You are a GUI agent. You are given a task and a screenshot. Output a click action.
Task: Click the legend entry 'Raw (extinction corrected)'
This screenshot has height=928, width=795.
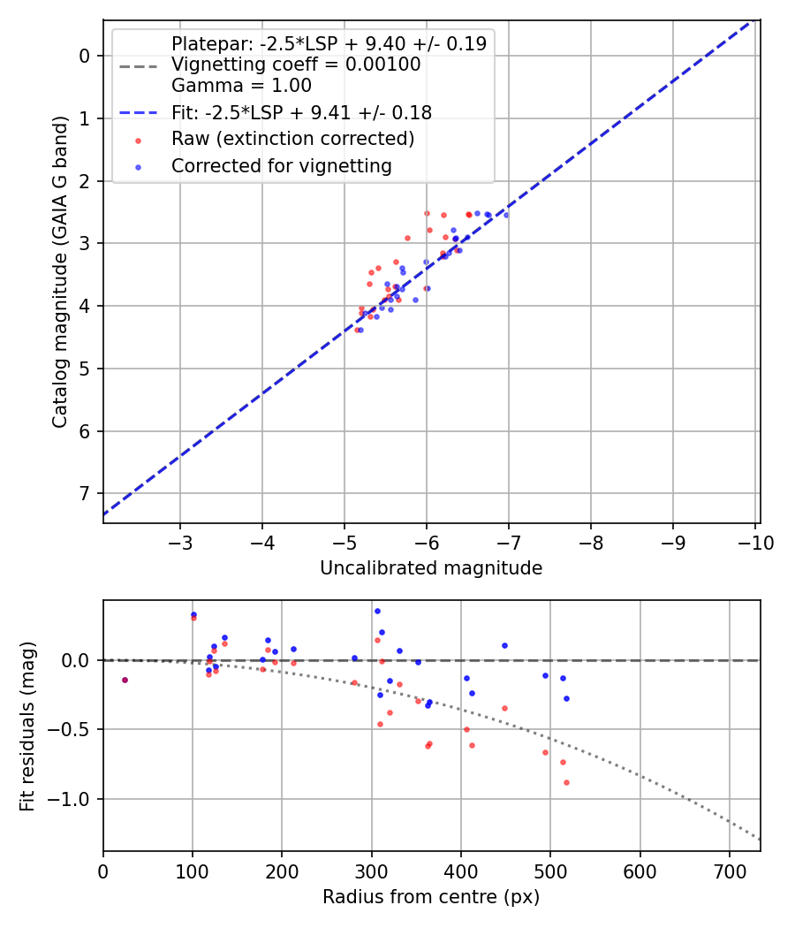[292, 139]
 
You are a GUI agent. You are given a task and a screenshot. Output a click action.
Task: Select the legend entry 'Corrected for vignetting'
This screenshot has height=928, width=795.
[281, 165]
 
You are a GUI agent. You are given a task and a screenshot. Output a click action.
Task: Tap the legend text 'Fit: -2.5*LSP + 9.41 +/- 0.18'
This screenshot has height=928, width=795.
[301, 112]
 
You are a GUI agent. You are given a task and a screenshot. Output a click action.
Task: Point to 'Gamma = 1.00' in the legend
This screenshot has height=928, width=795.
[241, 86]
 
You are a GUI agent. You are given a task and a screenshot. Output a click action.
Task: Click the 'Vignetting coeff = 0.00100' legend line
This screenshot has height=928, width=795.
[295, 65]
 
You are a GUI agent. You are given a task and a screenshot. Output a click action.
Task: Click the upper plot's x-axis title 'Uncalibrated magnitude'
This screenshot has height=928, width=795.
[431, 568]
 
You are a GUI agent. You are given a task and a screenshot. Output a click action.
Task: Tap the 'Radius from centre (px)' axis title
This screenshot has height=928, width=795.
[431, 897]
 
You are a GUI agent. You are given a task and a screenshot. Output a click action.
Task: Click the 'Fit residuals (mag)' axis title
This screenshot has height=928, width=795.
[27, 726]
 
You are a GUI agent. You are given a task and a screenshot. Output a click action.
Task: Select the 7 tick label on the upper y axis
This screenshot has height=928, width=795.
[86, 493]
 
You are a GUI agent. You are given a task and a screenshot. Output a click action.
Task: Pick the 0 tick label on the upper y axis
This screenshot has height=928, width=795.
[86, 56]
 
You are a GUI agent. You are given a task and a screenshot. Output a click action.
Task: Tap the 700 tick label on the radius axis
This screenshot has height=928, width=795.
[729, 871]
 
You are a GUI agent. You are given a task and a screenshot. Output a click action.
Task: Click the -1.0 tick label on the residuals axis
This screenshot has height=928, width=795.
[72, 799]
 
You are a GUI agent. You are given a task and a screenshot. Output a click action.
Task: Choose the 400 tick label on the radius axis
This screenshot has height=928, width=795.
[460, 871]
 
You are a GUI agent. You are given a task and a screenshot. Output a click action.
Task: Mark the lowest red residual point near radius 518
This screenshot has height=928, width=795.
[566, 782]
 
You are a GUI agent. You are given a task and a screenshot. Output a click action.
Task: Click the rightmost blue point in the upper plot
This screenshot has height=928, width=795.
[505, 215]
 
